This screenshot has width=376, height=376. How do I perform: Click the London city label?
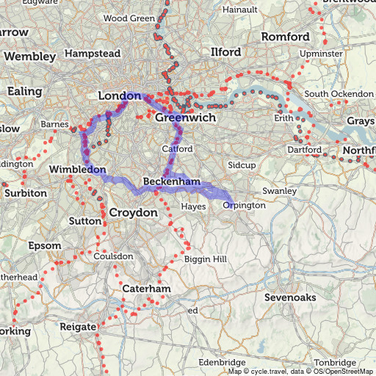(119, 96)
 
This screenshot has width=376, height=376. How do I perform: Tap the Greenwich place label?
(185, 117)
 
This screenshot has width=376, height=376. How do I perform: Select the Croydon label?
(133, 212)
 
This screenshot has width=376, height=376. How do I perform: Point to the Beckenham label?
(172, 181)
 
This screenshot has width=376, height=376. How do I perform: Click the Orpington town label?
(244, 206)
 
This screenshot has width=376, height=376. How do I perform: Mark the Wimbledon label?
(78, 170)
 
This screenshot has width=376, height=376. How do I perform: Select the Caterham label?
(146, 289)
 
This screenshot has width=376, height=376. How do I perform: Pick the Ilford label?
(225, 53)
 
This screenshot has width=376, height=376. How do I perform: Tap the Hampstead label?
(92, 54)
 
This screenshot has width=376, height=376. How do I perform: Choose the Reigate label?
(78, 326)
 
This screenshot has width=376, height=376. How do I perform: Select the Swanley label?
(279, 191)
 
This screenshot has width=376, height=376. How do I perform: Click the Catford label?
(177, 149)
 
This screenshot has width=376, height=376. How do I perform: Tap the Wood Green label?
(129, 18)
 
